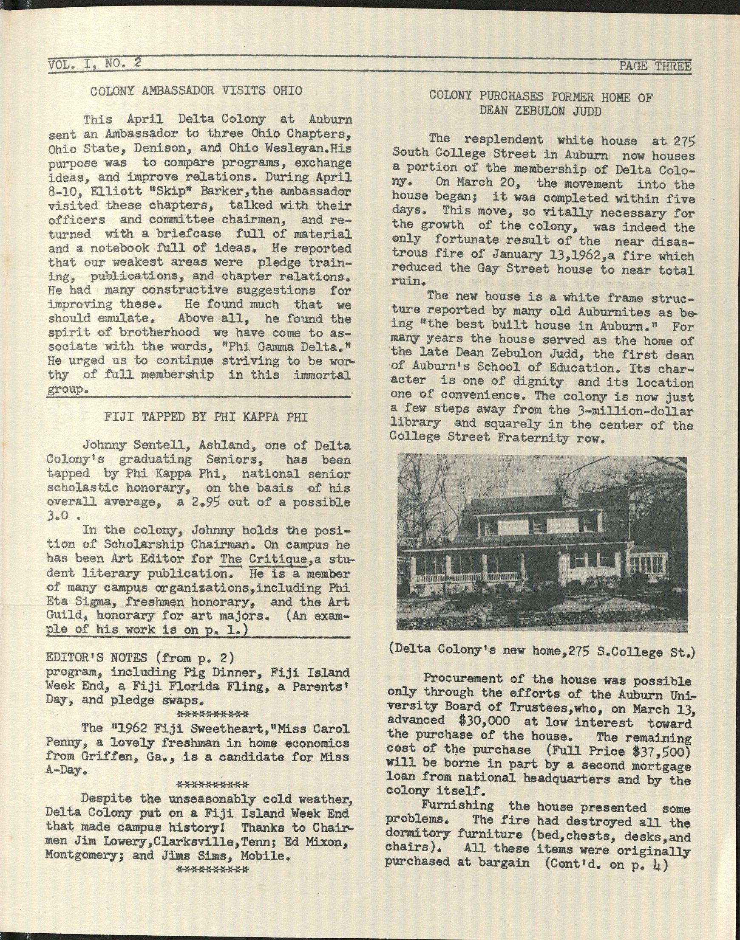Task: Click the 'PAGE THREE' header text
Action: click(655, 66)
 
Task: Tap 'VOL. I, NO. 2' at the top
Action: click(94, 64)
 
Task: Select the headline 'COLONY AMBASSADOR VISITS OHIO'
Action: click(196, 90)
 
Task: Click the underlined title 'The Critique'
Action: click(263, 559)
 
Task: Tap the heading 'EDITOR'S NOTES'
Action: click(96, 658)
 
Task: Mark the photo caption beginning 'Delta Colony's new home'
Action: click(542, 652)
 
